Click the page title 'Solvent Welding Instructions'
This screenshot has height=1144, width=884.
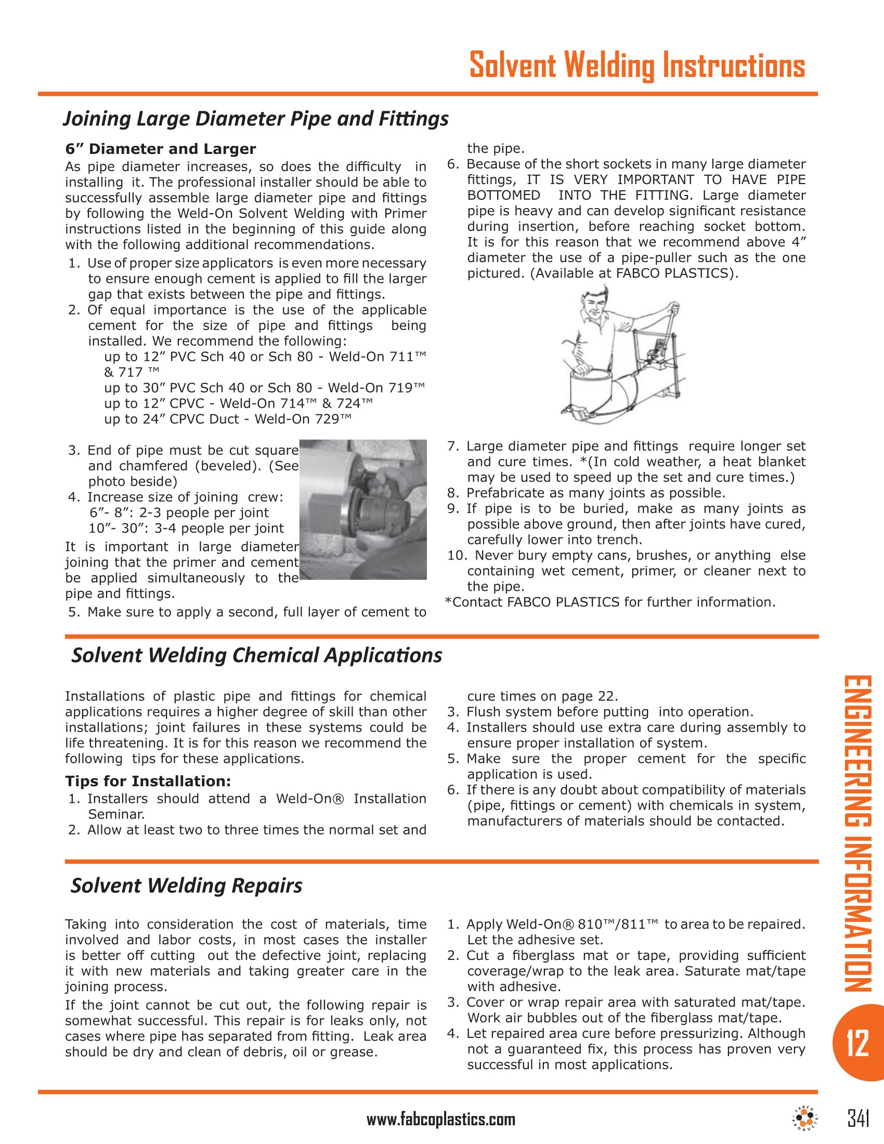point(636,66)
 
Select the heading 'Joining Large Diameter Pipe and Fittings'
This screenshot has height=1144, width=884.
point(255,119)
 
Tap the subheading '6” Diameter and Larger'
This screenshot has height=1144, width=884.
point(160,149)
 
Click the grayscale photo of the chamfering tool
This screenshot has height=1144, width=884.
point(362,509)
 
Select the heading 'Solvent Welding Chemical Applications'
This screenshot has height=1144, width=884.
point(256,656)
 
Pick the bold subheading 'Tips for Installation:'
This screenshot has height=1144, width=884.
point(148,782)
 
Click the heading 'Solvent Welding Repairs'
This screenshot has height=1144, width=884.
point(187,886)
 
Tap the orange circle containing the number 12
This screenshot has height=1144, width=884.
point(857,1043)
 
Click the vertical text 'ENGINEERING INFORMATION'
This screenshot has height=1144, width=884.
point(857,834)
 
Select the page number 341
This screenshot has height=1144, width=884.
point(858,1119)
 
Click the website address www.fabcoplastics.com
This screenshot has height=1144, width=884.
point(440,1120)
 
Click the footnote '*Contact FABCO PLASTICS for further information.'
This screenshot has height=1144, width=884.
point(610,602)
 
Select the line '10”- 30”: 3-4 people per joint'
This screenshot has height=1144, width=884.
point(186,528)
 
